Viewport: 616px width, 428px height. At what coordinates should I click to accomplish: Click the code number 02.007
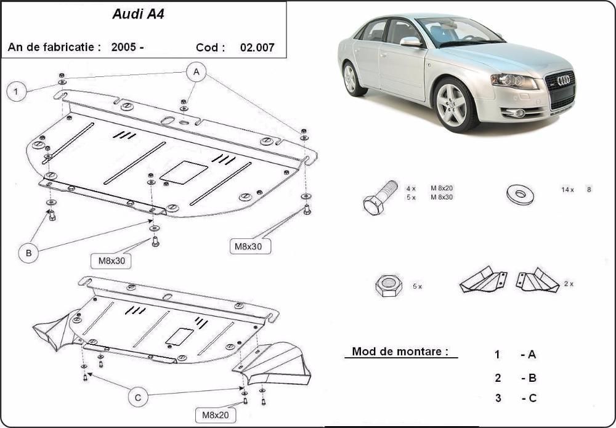point(257,47)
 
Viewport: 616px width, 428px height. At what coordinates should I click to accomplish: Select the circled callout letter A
point(197,72)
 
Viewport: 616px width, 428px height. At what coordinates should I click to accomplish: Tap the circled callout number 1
point(17,92)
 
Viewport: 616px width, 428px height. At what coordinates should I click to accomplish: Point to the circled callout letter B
point(28,252)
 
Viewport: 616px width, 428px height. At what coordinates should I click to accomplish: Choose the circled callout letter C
point(139,398)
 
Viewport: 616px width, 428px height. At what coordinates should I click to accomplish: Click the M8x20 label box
point(216,416)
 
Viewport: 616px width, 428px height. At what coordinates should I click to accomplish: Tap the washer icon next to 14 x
point(520,195)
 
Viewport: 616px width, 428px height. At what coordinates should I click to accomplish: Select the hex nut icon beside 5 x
point(389,286)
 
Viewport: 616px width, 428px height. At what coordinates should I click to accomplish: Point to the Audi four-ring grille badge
point(563,80)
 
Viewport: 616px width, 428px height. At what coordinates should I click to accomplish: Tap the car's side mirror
point(410,42)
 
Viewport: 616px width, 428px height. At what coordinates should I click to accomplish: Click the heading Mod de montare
point(399,352)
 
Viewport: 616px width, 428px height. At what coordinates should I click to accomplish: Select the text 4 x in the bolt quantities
point(411,187)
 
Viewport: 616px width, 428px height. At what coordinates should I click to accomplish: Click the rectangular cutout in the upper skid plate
point(184,172)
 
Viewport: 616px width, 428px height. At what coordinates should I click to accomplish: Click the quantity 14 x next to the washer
point(567,190)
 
